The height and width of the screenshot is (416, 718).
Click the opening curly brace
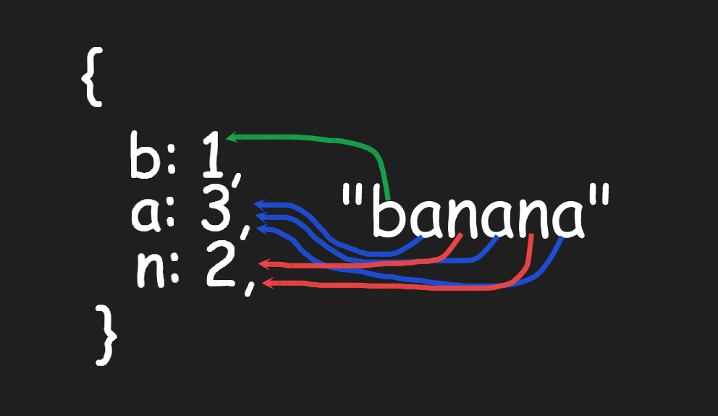point(93,77)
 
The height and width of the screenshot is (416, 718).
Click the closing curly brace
point(106,336)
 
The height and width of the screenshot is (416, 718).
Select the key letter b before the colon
point(143,155)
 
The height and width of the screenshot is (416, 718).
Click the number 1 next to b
point(212,155)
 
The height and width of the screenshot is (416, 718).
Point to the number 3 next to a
point(216,208)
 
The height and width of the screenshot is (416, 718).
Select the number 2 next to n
point(221,265)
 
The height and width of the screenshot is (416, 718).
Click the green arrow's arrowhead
point(231,137)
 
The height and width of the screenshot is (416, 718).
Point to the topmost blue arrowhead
point(259,204)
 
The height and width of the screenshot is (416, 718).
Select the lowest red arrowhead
point(266,284)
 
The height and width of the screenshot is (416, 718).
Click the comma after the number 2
point(250,288)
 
